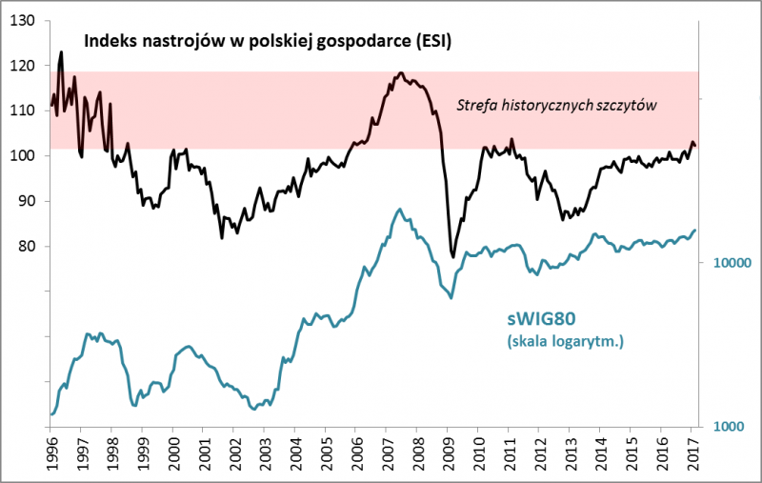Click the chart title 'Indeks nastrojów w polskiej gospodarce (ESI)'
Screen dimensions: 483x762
[268, 41]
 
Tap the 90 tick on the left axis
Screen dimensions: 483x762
[33, 201]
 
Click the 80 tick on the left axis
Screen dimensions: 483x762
[33, 246]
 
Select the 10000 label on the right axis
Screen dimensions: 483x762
[728, 262]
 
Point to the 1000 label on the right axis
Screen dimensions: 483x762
[725, 426]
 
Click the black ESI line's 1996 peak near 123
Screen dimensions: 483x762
[62, 52]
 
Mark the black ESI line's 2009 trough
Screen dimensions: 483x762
[452, 255]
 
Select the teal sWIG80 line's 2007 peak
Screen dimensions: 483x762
[396, 209]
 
